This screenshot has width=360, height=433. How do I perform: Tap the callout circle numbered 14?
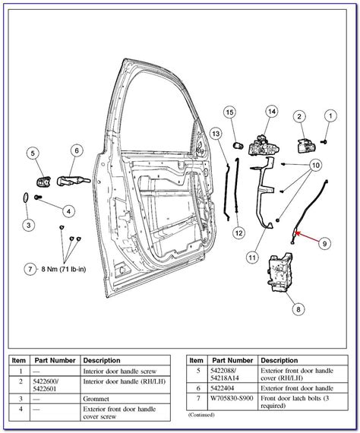[270, 112]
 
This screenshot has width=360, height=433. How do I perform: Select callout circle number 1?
[330, 116]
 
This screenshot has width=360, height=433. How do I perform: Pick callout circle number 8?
[298, 308]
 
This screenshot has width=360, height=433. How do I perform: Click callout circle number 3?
[27, 224]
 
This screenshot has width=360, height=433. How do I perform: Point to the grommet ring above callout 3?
[28, 198]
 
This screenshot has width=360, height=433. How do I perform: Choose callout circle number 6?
[76, 151]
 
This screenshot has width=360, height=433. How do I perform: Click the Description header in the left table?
[104, 360]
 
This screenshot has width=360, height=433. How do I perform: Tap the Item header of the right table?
[196, 360]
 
